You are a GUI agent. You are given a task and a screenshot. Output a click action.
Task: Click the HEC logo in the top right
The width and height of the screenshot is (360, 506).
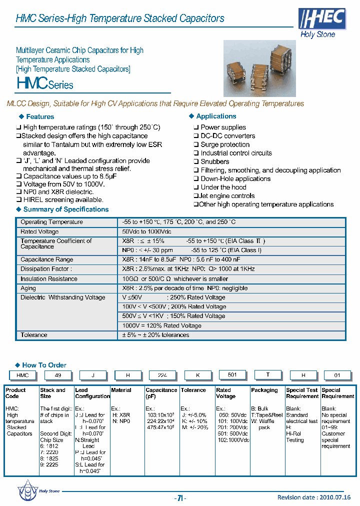pos(322,19)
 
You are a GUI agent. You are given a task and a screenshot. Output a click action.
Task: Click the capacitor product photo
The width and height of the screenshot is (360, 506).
pos(259,68)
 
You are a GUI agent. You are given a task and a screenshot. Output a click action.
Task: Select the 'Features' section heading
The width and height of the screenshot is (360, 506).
pos(39,116)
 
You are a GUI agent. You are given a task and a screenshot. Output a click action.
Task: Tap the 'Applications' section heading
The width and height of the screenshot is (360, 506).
pos(216,116)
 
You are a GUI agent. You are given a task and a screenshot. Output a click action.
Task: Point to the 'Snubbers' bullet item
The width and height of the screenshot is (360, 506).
pos(214,161)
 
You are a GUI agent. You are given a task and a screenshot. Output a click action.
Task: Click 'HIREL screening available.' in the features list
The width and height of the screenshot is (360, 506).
pos(63,200)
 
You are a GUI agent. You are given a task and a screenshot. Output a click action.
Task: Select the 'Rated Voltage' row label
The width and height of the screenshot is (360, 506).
pos(39,231)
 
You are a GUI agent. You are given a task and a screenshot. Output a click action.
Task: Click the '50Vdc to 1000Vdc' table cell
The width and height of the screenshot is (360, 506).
pos(146,231)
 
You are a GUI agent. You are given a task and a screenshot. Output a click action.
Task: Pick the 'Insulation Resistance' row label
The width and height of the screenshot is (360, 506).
pos(48,278)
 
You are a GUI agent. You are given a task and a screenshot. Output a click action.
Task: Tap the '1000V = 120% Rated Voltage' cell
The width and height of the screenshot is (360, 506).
pos(162,325)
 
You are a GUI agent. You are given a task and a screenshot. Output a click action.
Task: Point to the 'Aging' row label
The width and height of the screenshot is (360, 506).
pos(28,288)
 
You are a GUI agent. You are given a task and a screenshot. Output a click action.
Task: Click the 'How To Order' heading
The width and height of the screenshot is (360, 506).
pos(44,365)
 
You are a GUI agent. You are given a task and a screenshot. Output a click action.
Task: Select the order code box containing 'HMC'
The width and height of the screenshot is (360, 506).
pos(22,375)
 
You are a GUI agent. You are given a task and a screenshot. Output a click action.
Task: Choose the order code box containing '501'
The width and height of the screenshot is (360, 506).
pos(233,375)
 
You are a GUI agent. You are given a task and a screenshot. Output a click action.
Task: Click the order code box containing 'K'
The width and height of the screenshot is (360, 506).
pos(198,375)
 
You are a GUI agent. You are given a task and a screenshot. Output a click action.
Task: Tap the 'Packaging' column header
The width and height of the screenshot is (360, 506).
pos(264,390)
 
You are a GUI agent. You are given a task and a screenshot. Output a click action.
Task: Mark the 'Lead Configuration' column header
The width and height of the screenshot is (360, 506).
pos(92,393)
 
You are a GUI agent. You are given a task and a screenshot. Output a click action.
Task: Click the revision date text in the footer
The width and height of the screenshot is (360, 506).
pos(314,497)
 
